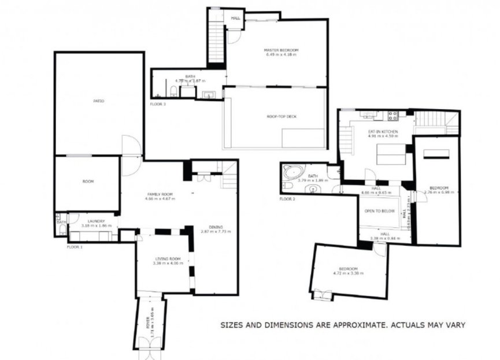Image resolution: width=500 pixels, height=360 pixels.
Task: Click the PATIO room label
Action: pos(99,101)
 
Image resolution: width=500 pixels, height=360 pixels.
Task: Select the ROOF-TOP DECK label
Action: pos(282,117)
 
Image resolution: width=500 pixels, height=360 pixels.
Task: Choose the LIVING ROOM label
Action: pos(168,258)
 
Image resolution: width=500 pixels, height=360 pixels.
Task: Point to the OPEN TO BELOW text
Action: pos(379,211)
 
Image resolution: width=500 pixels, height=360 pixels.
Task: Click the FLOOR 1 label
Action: pos(75,247)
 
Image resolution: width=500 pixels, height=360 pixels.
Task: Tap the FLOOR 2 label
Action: pos(287,199)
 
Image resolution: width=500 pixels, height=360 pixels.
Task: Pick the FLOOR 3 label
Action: pos(158,104)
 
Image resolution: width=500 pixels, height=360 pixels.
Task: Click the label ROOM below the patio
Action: pos(88,181)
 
